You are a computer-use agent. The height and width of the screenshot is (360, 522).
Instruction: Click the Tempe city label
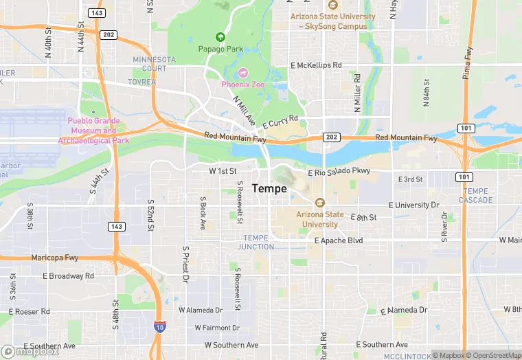[x=269, y=188]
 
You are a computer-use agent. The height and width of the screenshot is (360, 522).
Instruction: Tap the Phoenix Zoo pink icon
[x=243, y=74]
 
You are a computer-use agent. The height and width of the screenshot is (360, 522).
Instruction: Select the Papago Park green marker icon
[x=220, y=37]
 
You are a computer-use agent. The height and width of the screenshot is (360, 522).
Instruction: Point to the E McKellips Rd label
[x=316, y=65]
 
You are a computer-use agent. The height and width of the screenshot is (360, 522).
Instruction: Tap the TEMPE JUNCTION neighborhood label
[x=256, y=242]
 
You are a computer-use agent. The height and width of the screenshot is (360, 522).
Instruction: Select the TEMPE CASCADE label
[x=475, y=195]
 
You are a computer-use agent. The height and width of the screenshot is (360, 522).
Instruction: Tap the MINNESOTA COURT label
[x=149, y=64]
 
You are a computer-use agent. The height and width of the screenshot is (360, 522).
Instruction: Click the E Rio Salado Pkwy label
[x=339, y=172]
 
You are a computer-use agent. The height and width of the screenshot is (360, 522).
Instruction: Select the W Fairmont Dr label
[x=217, y=328]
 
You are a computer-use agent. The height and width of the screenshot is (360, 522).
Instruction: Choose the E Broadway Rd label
[x=68, y=276]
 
